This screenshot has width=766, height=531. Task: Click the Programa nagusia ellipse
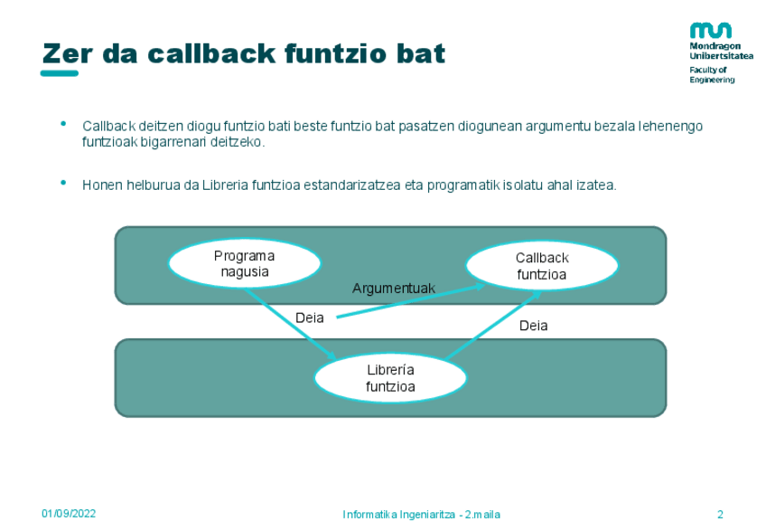click(245, 263)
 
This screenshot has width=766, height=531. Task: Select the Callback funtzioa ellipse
click(542, 266)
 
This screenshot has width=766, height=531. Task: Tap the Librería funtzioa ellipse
click(390, 378)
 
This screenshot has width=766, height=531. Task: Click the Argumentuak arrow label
click(394, 289)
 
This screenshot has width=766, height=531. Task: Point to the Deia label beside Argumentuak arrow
click(310, 318)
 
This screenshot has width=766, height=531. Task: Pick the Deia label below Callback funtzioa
click(533, 326)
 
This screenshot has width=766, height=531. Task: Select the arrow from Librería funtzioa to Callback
click(492, 326)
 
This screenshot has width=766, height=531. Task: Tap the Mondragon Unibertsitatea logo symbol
click(710, 30)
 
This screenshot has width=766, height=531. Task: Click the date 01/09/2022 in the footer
click(69, 514)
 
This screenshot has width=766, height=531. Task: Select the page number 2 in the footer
click(720, 515)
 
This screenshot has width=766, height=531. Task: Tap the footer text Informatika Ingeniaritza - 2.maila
click(421, 515)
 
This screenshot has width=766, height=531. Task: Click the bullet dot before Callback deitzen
click(63, 122)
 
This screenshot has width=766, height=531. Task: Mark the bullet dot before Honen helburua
click(63, 182)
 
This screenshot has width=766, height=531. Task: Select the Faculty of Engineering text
click(712, 74)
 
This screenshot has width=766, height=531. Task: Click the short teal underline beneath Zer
click(60, 73)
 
